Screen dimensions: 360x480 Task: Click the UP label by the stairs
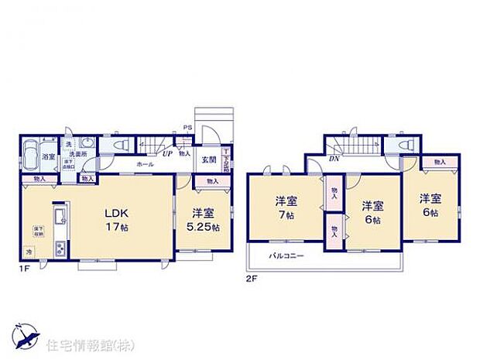coord(166,153)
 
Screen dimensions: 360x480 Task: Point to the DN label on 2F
coord(333,158)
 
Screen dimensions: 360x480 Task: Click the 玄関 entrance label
coord(209,159)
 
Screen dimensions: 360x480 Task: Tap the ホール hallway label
coord(145,165)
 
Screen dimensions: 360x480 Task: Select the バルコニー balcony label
coord(286,255)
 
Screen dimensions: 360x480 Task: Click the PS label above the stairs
coord(187,127)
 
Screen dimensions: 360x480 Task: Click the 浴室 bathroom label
coord(47,157)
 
